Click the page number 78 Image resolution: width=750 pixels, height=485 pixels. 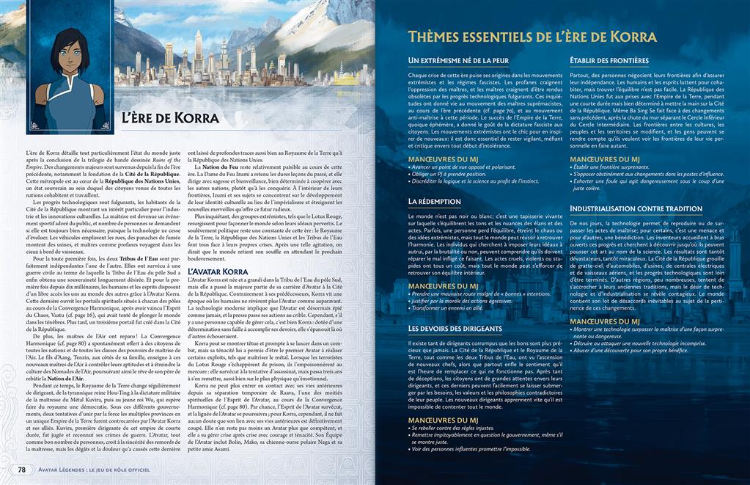coord(22,470)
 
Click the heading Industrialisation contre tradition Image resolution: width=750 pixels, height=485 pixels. coord(636,208)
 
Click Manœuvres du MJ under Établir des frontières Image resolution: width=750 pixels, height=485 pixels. coord(605,158)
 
